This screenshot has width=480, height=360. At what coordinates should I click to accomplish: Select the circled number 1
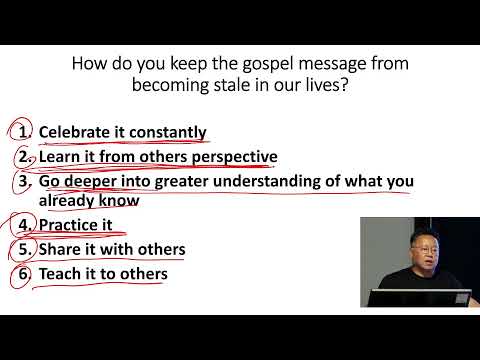point(21,132)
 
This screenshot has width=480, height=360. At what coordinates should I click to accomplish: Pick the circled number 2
point(22,157)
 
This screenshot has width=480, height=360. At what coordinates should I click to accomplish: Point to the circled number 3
point(22,182)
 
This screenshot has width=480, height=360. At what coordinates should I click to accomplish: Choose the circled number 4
point(21,225)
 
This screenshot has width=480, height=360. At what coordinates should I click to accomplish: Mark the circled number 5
point(22,249)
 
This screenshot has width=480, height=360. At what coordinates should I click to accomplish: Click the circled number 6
point(22,273)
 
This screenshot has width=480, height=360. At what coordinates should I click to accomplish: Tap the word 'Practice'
point(69,225)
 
